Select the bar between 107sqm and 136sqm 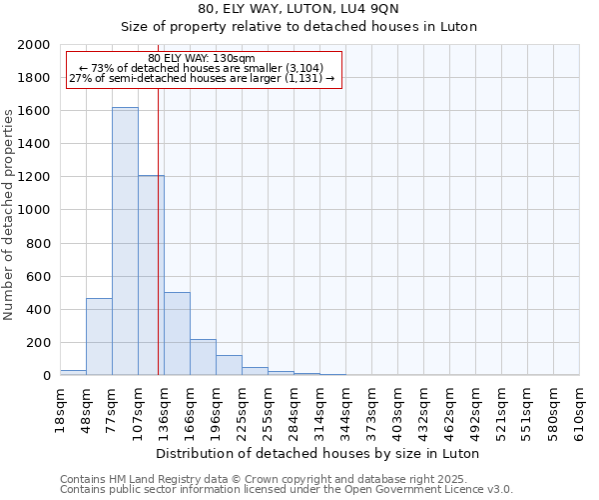[151, 275]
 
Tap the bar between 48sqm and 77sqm [99, 337]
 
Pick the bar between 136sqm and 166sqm [177, 334]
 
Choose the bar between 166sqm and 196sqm [203, 357]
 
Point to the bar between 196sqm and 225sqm [229, 365]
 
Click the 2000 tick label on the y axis [34, 45]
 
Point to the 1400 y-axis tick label [34, 144]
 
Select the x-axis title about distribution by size [318, 453]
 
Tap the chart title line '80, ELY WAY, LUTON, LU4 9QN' [299, 10]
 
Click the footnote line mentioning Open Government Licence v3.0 [287, 489]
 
